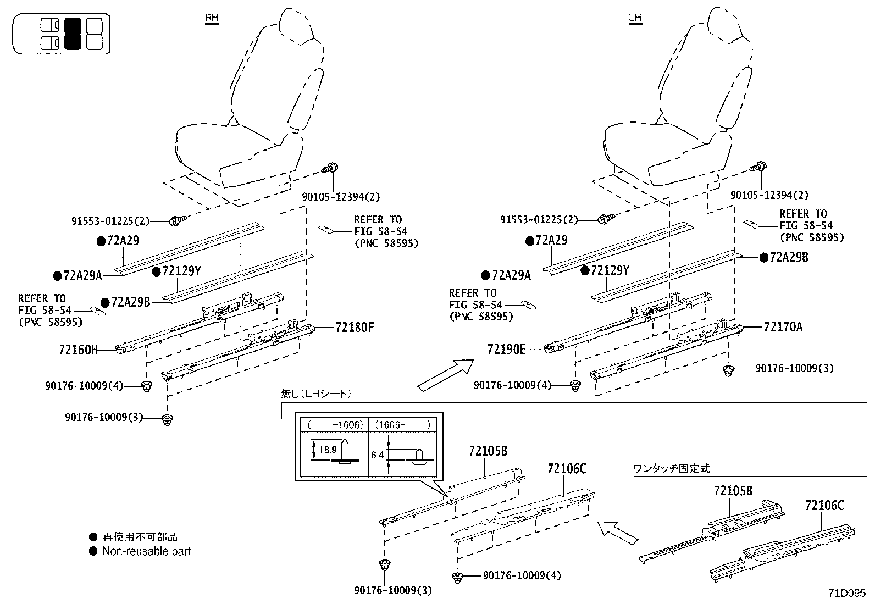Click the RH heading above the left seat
point(211,18)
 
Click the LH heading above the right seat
point(635,18)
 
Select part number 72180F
point(355,328)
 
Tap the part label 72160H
point(77,350)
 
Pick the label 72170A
point(783,328)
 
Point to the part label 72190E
point(506,349)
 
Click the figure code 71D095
point(847,593)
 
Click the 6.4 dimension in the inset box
point(377,455)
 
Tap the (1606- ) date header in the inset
point(402,425)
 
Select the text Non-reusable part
point(146,551)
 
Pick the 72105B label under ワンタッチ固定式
point(733,491)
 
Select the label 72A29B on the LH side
point(789,257)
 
